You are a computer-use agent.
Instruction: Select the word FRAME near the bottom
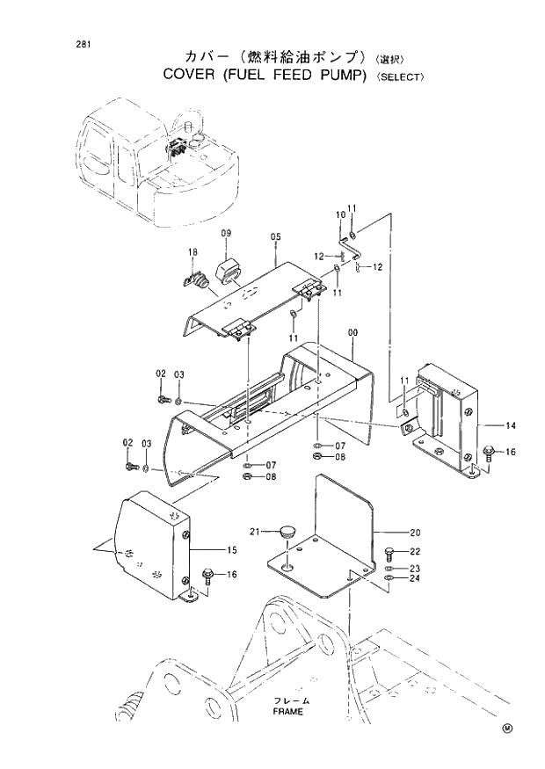point(287,711)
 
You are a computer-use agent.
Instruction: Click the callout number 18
point(192,253)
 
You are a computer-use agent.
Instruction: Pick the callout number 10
point(340,215)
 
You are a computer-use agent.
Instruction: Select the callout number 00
point(352,333)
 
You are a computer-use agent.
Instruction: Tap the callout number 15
point(232,550)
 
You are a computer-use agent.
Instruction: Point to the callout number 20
point(415,532)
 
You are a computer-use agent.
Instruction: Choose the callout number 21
point(255,531)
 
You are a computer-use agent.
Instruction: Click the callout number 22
point(415,551)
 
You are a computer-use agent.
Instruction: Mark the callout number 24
point(415,578)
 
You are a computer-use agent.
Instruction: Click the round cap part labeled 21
point(286,530)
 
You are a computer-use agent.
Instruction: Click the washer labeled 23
point(389,569)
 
